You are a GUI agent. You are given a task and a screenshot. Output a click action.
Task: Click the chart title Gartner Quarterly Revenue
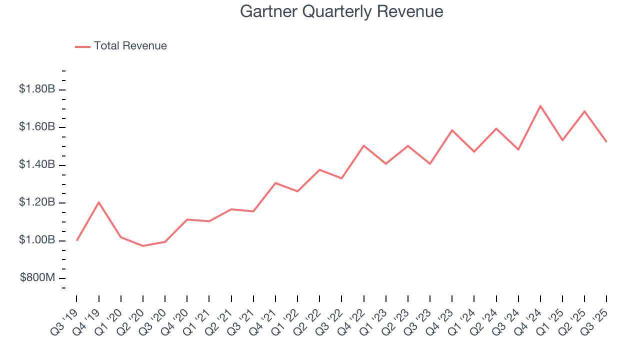click(341, 11)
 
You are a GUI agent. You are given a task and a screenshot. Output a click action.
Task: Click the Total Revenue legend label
click(130, 46)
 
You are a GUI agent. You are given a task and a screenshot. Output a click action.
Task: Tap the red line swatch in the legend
click(82, 46)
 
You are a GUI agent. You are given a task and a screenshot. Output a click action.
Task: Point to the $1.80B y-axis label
click(36, 89)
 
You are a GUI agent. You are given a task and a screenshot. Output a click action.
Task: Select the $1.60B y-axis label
click(36, 127)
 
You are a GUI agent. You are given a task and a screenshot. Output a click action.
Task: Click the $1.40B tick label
click(36, 165)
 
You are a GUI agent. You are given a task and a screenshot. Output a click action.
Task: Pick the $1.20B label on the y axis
click(36, 202)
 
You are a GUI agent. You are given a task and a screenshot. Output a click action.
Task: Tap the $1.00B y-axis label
click(36, 240)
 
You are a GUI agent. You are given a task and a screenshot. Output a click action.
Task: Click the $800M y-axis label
click(37, 278)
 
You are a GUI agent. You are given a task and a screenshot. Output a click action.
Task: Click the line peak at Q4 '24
click(540, 106)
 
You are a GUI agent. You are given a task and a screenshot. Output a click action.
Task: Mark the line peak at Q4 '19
click(99, 202)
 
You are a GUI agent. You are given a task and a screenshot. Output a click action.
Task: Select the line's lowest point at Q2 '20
click(143, 246)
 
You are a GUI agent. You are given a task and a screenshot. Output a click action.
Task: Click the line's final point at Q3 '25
click(606, 141)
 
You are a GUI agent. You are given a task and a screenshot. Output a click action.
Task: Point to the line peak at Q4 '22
click(364, 145)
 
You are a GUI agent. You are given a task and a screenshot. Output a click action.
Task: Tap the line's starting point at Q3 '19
click(77, 240)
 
